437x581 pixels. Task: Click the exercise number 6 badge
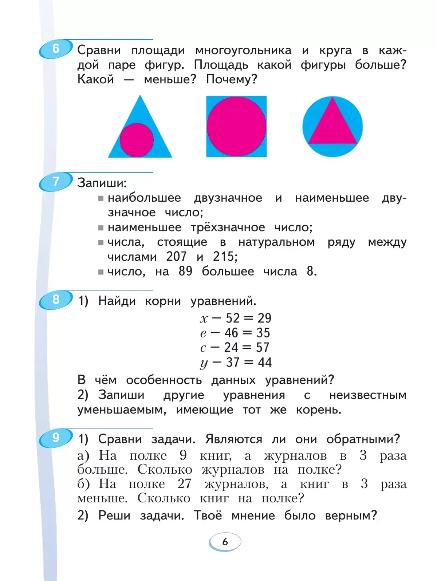pyautogui.click(x=55, y=49)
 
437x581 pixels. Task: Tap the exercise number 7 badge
pyautogui.click(x=55, y=181)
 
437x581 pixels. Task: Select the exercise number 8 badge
pyautogui.click(x=55, y=300)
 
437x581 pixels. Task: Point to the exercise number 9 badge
pyautogui.click(x=55, y=438)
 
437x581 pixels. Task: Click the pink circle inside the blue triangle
pyautogui.click(x=137, y=140)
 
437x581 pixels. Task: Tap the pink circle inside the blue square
pyautogui.click(x=236, y=126)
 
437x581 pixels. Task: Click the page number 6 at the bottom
pyautogui.click(x=225, y=542)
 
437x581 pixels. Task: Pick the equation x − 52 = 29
pyautogui.click(x=236, y=318)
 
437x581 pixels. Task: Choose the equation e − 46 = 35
pyautogui.click(x=235, y=333)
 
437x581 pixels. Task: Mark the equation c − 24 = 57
pyautogui.click(x=235, y=348)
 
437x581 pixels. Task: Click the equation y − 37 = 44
pyautogui.click(x=236, y=362)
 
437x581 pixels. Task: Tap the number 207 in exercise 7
pyautogui.click(x=176, y=257)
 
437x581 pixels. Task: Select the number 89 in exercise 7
pyautogui.click(x=185, y=271)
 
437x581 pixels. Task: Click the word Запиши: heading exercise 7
pyautogui.click(x=102, y=183)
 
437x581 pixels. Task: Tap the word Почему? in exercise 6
pyautogui.click(x=232, y=79)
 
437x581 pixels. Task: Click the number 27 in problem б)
pyautogui.click(x=184, y=484)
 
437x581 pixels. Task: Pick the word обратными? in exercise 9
pyautogui.click(x=363, y=439)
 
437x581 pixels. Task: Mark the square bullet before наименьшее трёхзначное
pyautogui.click(x=101, y=228)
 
